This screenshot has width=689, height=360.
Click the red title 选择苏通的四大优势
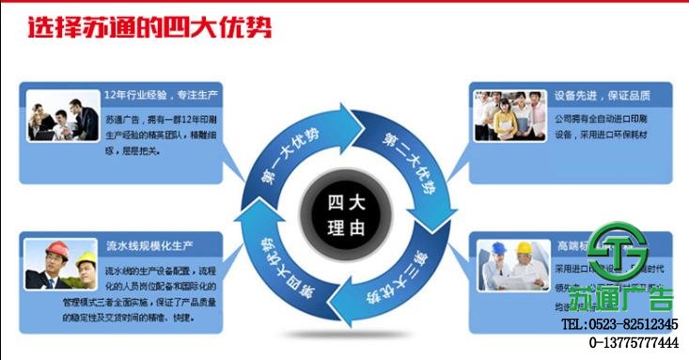[150, 28]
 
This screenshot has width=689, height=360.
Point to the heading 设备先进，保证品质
[603, 97]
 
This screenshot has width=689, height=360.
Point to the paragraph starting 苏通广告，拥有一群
[165, 133]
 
